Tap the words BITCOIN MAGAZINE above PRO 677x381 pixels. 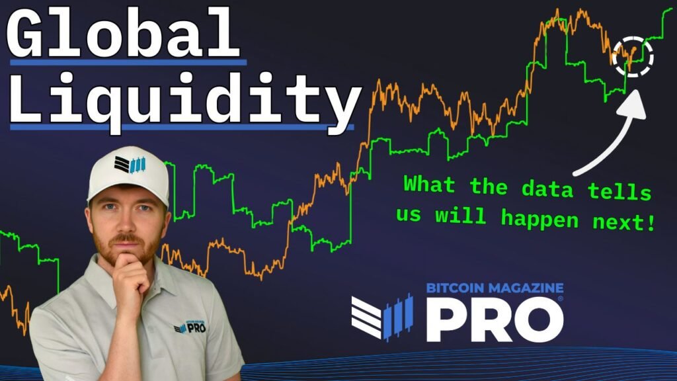click(x=495, y=288)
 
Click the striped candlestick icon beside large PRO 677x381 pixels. click(x=381, y=317)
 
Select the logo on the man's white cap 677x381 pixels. click(x=128, y=163)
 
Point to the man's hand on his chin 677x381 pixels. click(x=130, y=278)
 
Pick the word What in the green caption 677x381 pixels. click(x=430, y=185)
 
